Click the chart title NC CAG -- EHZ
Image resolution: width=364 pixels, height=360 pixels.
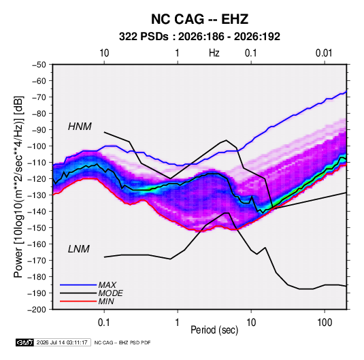199,19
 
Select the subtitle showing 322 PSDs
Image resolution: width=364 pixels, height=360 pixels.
199,37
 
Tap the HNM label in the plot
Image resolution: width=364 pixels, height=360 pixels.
80,127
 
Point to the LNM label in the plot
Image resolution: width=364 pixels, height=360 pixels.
79,249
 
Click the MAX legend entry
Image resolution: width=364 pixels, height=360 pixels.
107,285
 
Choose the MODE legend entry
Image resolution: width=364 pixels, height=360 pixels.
110,293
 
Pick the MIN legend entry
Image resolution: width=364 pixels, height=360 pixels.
106,301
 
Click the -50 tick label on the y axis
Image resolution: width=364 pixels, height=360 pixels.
39,65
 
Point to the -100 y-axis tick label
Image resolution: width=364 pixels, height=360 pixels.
37,146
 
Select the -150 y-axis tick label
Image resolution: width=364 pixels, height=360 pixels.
37,228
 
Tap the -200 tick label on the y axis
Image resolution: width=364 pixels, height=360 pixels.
37,310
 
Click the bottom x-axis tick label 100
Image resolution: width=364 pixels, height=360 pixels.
325,323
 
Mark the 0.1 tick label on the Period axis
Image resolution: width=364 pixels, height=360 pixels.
104,323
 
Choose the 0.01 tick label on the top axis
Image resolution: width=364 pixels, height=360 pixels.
324,53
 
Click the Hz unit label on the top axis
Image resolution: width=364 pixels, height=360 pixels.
214,53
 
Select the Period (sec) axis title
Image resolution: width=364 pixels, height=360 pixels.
214,330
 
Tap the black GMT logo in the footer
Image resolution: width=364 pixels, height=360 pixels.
25,342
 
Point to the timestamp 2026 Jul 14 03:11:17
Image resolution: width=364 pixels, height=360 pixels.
62,342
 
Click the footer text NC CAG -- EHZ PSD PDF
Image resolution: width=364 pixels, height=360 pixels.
122,342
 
